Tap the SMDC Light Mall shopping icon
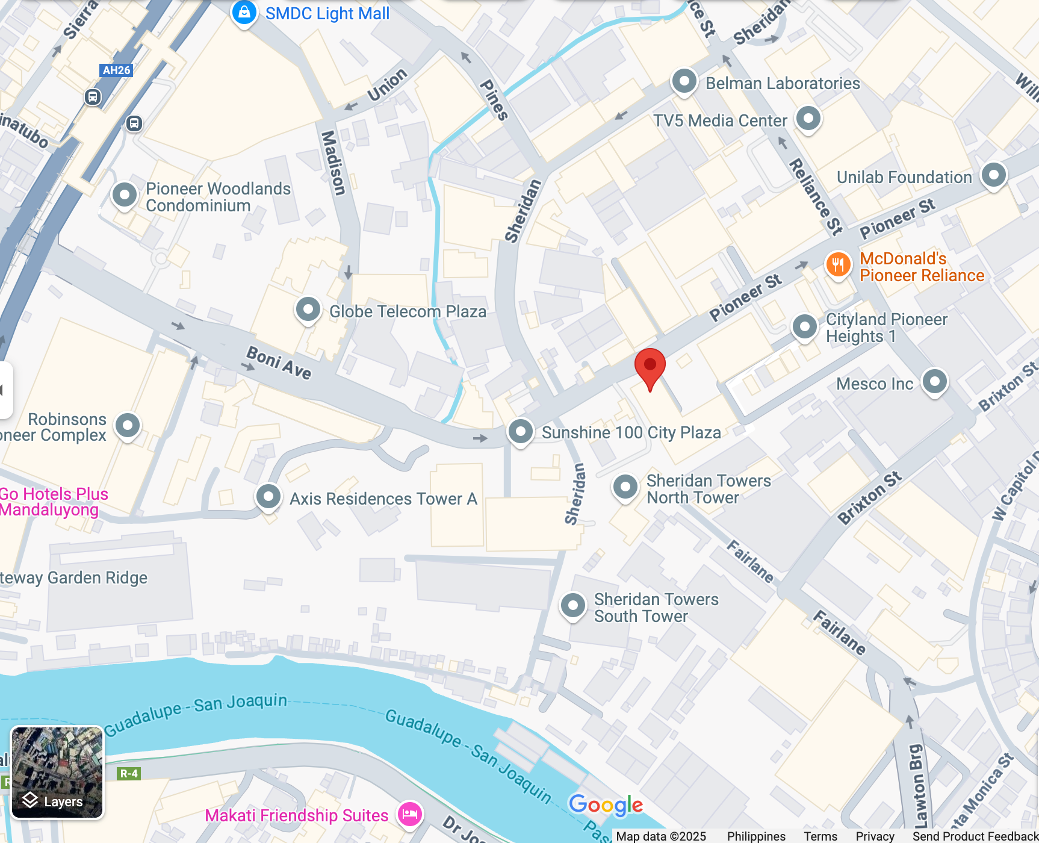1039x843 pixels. (x=244, y=13)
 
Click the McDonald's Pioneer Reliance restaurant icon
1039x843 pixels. (x=837, y=264)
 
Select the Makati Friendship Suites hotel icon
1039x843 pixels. (x=410, y=814)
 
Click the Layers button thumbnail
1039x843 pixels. (x=57, y=773)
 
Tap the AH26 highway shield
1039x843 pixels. (x=116, y=70)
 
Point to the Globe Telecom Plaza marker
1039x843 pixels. (x=308, y=310)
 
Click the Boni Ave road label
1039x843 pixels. (x=279, y=362)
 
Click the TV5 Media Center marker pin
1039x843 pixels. (x=808, y=118)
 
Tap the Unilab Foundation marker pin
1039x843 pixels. (x=993, y=175)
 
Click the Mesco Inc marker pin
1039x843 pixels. (x=934, y=381)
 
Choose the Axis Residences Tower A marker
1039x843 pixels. (x=268, y=497)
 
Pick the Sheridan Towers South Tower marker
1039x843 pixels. (x=572, y=605)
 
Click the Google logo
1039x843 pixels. (x=606, y=804)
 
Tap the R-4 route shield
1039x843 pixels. (x=128, y=774)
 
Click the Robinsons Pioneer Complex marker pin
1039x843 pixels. (x=128, y=425)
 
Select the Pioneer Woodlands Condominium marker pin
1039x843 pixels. (x=125, y=195)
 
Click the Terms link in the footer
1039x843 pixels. (x=820, y=836)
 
